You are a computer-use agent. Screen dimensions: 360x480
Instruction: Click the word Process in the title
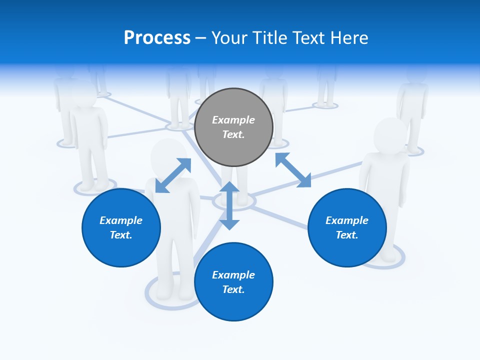tap(157, 38)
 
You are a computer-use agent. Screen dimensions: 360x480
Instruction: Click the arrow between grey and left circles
tap(173, 175)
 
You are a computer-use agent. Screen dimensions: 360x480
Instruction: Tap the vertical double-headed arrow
tap(229, 205)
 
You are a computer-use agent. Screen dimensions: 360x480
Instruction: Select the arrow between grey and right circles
tap(293, 170)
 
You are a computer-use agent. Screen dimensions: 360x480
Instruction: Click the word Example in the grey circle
tap(233, 120)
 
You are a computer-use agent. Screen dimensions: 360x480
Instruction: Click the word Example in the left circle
tap(121, 220)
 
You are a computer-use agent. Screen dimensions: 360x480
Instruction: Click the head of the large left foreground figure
tap(168, 155)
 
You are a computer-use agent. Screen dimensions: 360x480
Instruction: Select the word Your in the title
tap(228, 38)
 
